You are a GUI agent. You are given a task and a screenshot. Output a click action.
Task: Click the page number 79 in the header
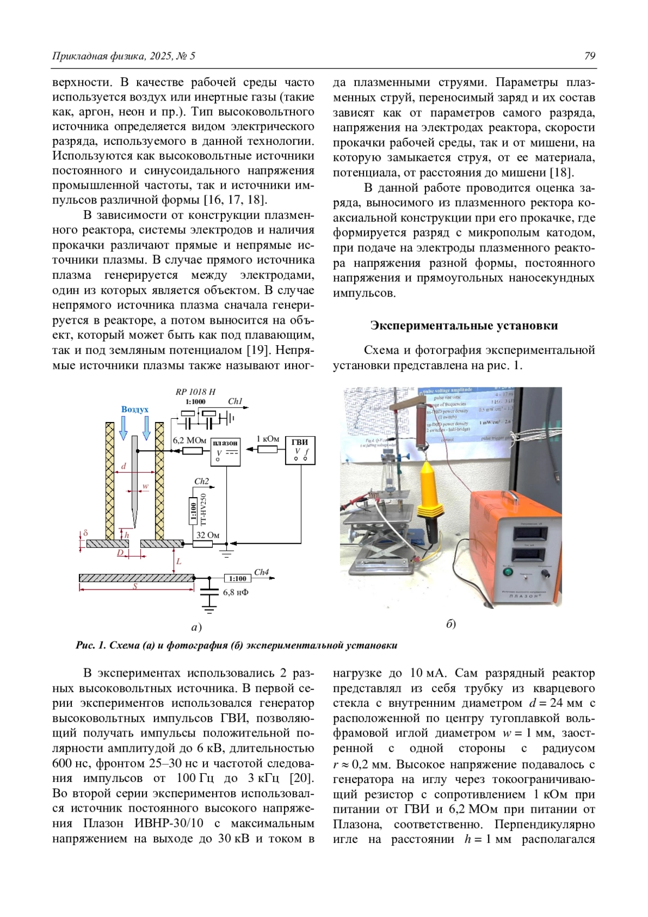coord(590,56)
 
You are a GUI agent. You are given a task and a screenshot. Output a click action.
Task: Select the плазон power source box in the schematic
coord(225,450)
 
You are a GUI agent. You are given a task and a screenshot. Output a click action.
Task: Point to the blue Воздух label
coord(134,409)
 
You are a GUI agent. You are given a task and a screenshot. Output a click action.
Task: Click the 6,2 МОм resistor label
coord(189,440)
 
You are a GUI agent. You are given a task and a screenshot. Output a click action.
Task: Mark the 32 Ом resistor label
coord(207,535)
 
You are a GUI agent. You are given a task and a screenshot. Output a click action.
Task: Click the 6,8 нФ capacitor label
coord(235,592)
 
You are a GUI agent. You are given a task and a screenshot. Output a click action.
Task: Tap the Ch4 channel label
coord(261,572)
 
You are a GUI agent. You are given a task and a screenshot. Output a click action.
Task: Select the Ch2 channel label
coord(201,481)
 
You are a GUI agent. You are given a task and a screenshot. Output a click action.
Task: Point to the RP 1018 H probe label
coord(195,392)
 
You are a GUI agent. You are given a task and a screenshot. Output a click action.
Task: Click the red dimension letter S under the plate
coord(135,586)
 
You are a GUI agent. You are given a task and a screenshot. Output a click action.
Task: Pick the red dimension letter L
coord(179,561)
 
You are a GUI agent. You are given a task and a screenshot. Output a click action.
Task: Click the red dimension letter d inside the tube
coord(124,466)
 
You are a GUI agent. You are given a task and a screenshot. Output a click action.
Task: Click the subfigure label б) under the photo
coord(451,624)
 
